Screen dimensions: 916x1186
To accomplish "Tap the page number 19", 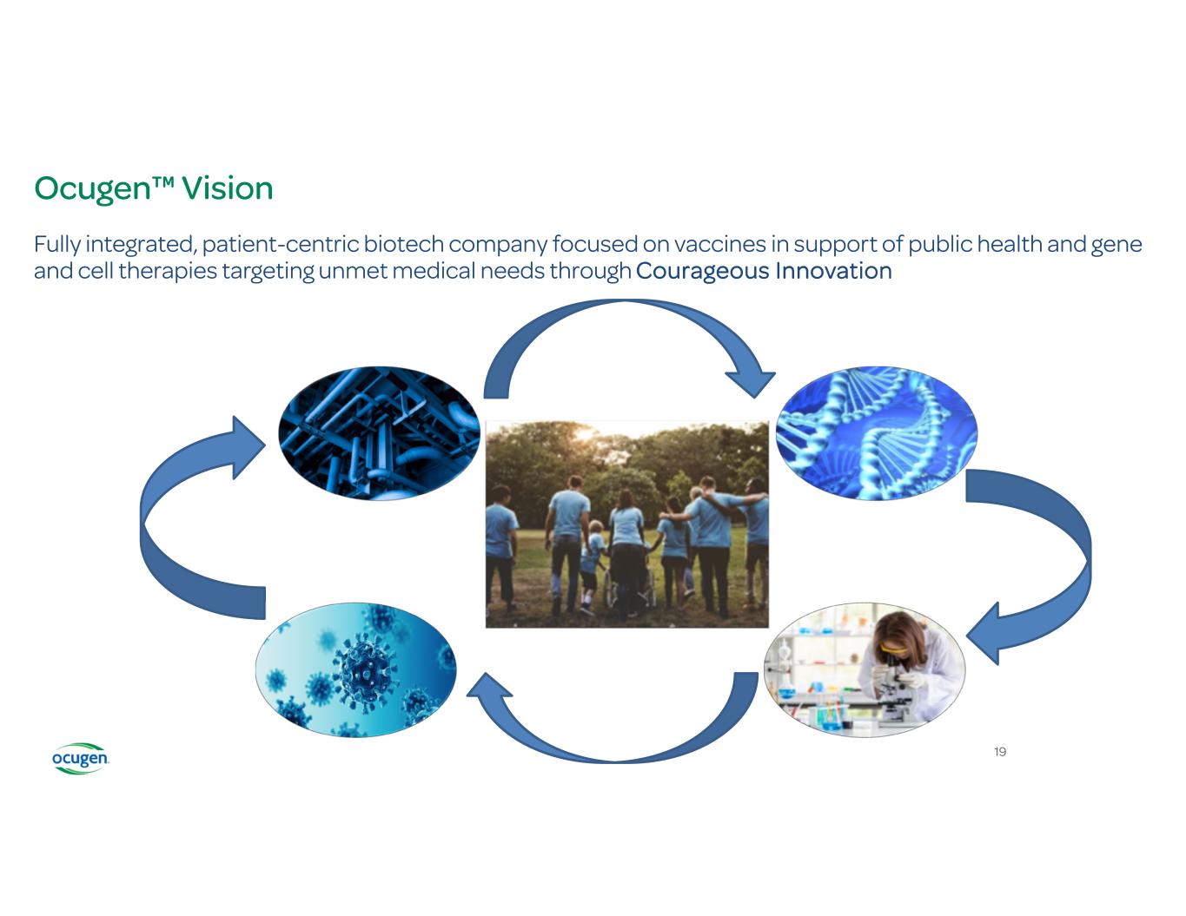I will pyautogui.click(x=1000, y=751).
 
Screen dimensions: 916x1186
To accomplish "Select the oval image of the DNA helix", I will pyautogui.click(x=876, y=433).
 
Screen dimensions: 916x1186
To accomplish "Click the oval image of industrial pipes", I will pyautogui.click(x=379, y=432).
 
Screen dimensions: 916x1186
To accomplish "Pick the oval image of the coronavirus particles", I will pyautogui.click(x=354, y=669).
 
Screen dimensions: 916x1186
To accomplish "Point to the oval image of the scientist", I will pyautogui.click(x=865, y=669).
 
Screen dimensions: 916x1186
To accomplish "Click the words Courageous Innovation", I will pyautogui.click(x=764, y=271).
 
